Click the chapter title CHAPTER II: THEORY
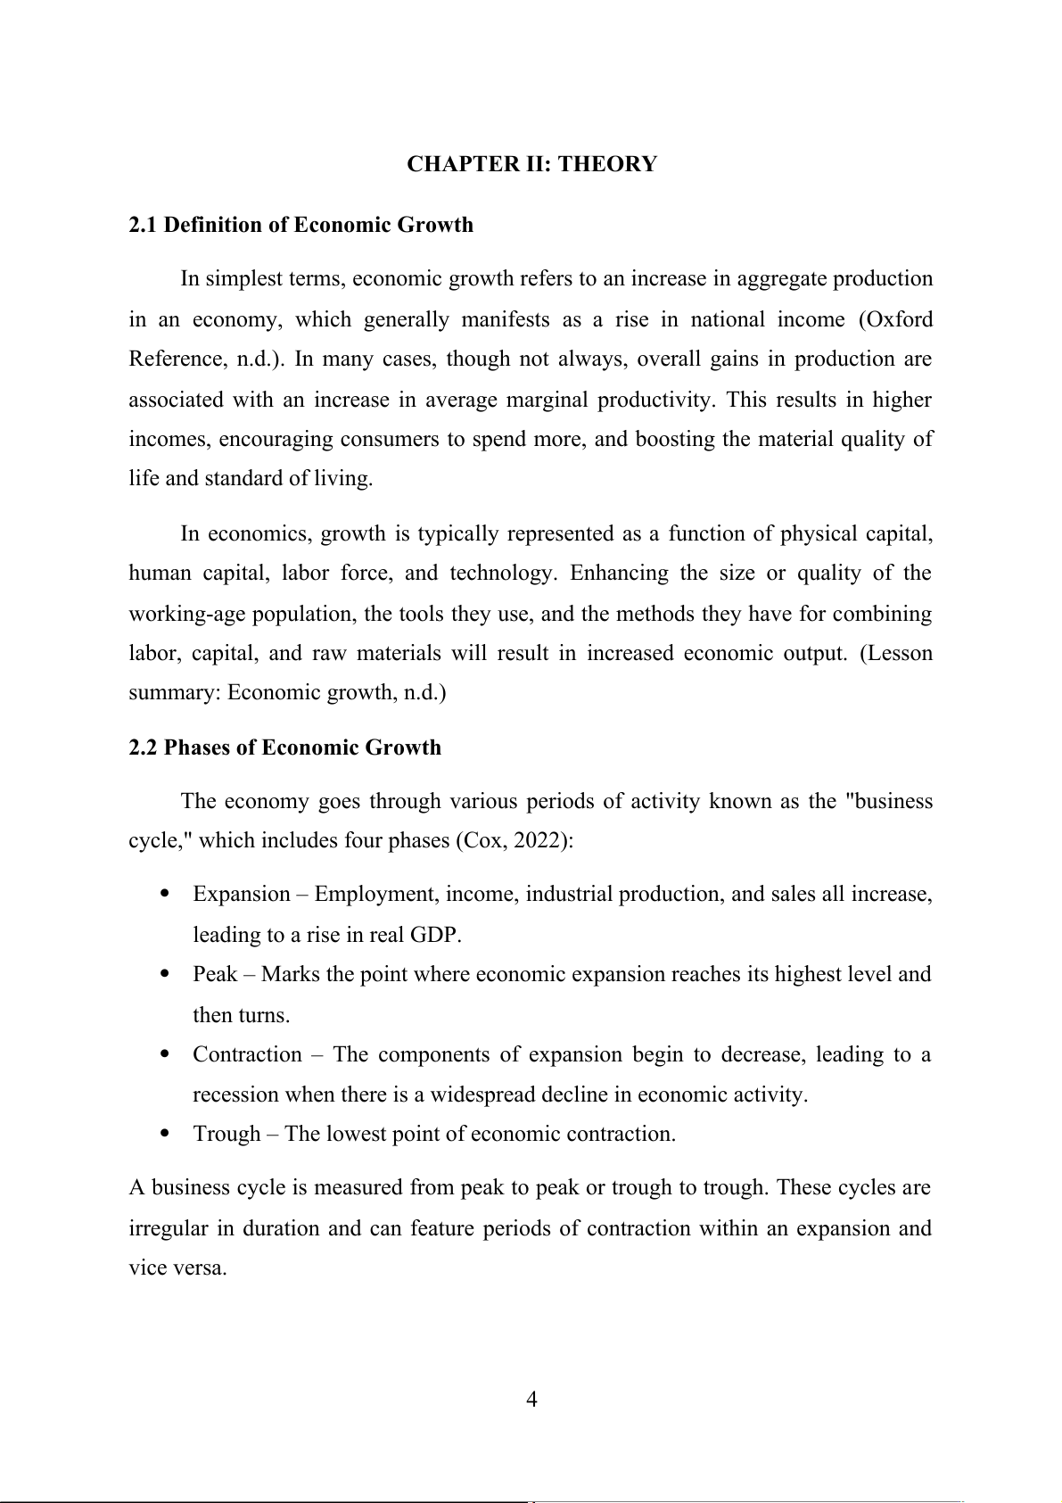coord(531,164)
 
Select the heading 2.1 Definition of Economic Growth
coord(300,225)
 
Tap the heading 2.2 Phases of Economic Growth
coord(284,747)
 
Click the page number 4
coord(531,1400)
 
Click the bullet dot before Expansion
coord(164,895)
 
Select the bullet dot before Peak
coord(164,975)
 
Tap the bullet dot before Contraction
coord(164,1054)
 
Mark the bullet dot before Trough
coord(164,1135)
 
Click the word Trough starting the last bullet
coord(226,1135)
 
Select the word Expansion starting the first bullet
coord(242,895)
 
